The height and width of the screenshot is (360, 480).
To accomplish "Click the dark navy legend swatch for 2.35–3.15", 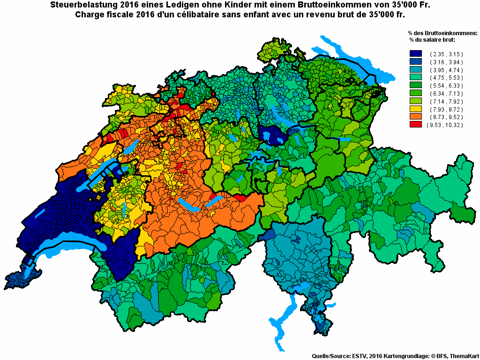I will click(416, 54).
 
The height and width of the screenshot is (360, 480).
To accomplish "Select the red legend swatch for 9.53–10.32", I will click(416, 125).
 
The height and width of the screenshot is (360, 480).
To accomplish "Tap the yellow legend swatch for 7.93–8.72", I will click(416, 109).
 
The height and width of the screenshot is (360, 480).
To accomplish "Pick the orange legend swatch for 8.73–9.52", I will click(416, 117).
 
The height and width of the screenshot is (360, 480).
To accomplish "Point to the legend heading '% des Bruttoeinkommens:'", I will click(442, 33).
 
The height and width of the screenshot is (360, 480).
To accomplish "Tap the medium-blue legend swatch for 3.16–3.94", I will click(416, 62).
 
